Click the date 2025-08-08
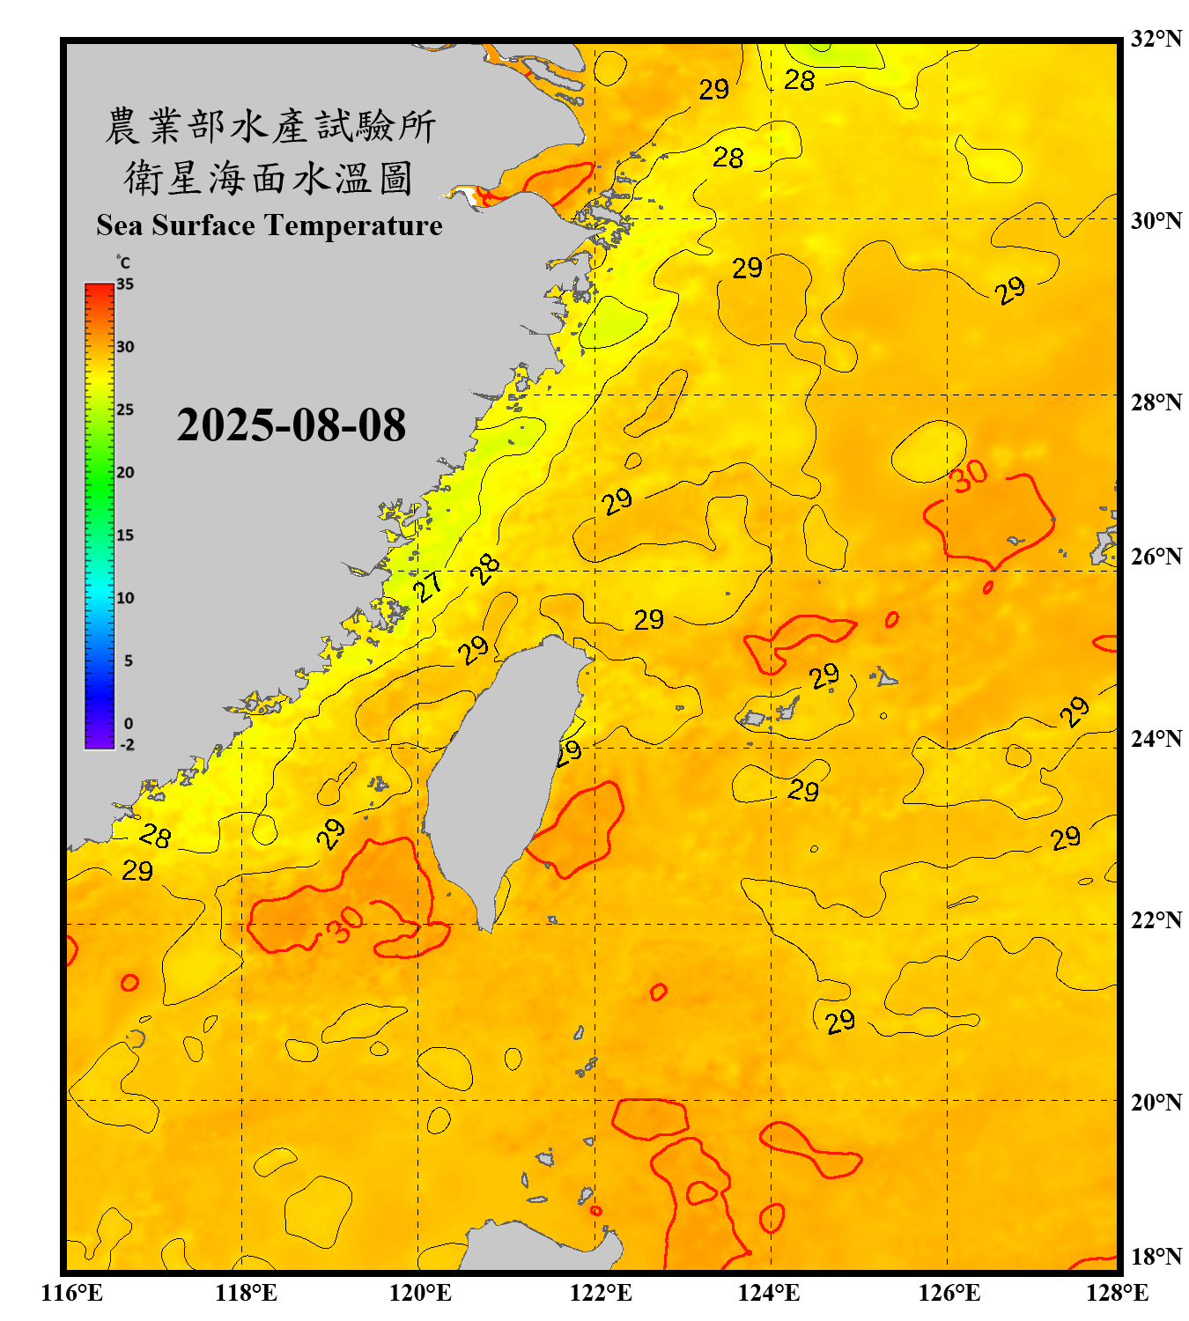291,425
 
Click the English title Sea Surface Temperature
269,225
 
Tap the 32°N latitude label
1156,39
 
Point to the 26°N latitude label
1156,557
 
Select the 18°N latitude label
1156,1257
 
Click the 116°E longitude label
72,1293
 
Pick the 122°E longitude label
601,1293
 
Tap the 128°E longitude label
1117,1293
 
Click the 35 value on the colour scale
125,284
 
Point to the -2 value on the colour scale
127,745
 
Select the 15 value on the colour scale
125,535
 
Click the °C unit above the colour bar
123,262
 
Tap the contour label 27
428,587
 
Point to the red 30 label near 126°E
969,476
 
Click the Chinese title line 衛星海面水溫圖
269,178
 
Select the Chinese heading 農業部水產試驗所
270,126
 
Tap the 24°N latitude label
1156,738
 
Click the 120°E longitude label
420,1293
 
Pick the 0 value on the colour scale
129,724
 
